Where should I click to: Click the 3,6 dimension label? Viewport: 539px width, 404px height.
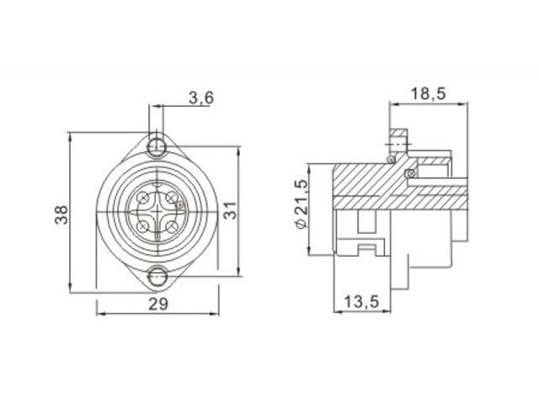pyautogui.click(x=201, y=98)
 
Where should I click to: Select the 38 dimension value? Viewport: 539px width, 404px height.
pyautogui.click(x=61, y=215)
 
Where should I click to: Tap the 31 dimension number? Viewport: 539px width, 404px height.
pyautogui.click(x=231, y=210)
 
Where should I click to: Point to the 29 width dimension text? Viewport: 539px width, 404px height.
pyautogui.click(x=158, y=304)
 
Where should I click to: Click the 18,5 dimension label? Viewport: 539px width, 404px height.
pyautogui.click(x=429, y=93)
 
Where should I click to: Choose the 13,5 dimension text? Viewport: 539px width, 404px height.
pyautogui.click(x=361, y=301)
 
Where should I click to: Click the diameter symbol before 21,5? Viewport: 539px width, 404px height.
pyautogui.click(x=301, y=223)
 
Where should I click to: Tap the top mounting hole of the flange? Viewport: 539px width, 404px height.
pyautogui.click(x=157, y=147)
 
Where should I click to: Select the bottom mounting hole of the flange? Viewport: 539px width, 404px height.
pyautogui.click(x=157, y=276)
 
